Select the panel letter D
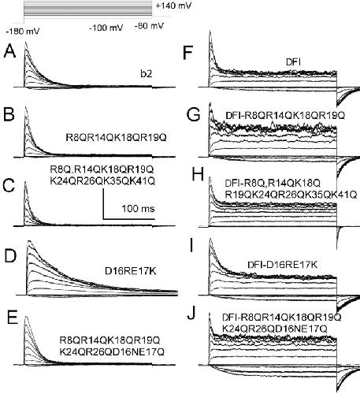[x=10, y=257]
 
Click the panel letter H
[x=198, y=174]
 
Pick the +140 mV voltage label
[x=173, y=6]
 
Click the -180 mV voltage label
[x=23, y=32]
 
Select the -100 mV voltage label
[x=106, y=28]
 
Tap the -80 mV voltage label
[x=149, y=26]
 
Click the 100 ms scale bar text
[x=138, y=209]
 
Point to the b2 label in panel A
[x=146, y=74]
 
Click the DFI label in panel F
[x=293, y=62]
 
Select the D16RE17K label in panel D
[x=131, y=271]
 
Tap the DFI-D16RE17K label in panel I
[x=282, y=265]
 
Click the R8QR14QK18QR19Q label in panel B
[x=116, y=137]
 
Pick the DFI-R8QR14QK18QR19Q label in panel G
[x=285, y=115]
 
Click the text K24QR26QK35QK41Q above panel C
[x=102, y=181]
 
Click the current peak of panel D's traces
[x=30, y=241]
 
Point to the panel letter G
[x=194, y=115]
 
